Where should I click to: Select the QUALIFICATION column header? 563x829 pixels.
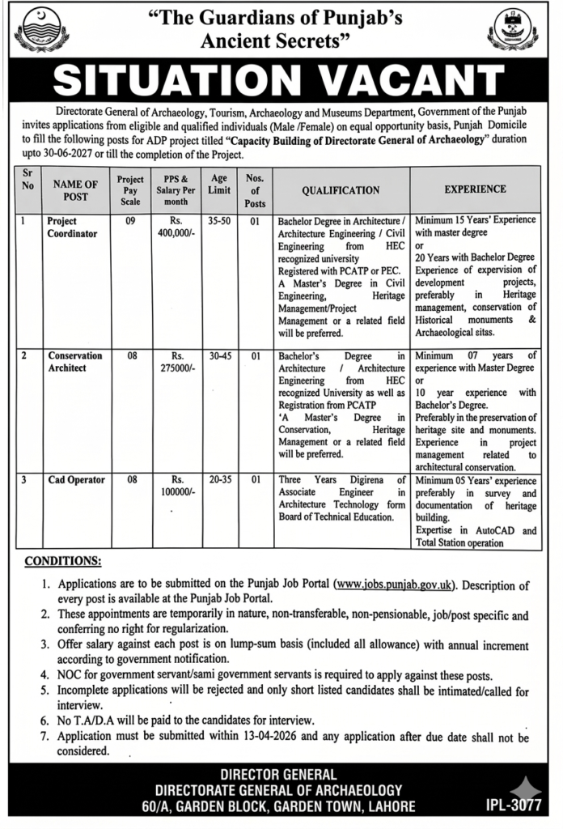(341, 190)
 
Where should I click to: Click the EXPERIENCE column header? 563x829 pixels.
(476, 189)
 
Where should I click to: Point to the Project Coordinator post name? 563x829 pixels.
(72, 227)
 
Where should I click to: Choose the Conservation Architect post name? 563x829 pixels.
(74, 361)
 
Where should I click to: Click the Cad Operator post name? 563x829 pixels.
(76, 480)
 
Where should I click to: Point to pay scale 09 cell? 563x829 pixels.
(130, 220)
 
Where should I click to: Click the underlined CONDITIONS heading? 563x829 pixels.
(63, 560)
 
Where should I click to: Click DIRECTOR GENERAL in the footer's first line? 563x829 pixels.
(281, 775)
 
